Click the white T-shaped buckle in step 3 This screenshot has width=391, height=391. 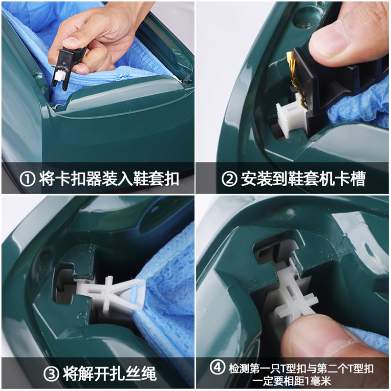click(112, 293)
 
